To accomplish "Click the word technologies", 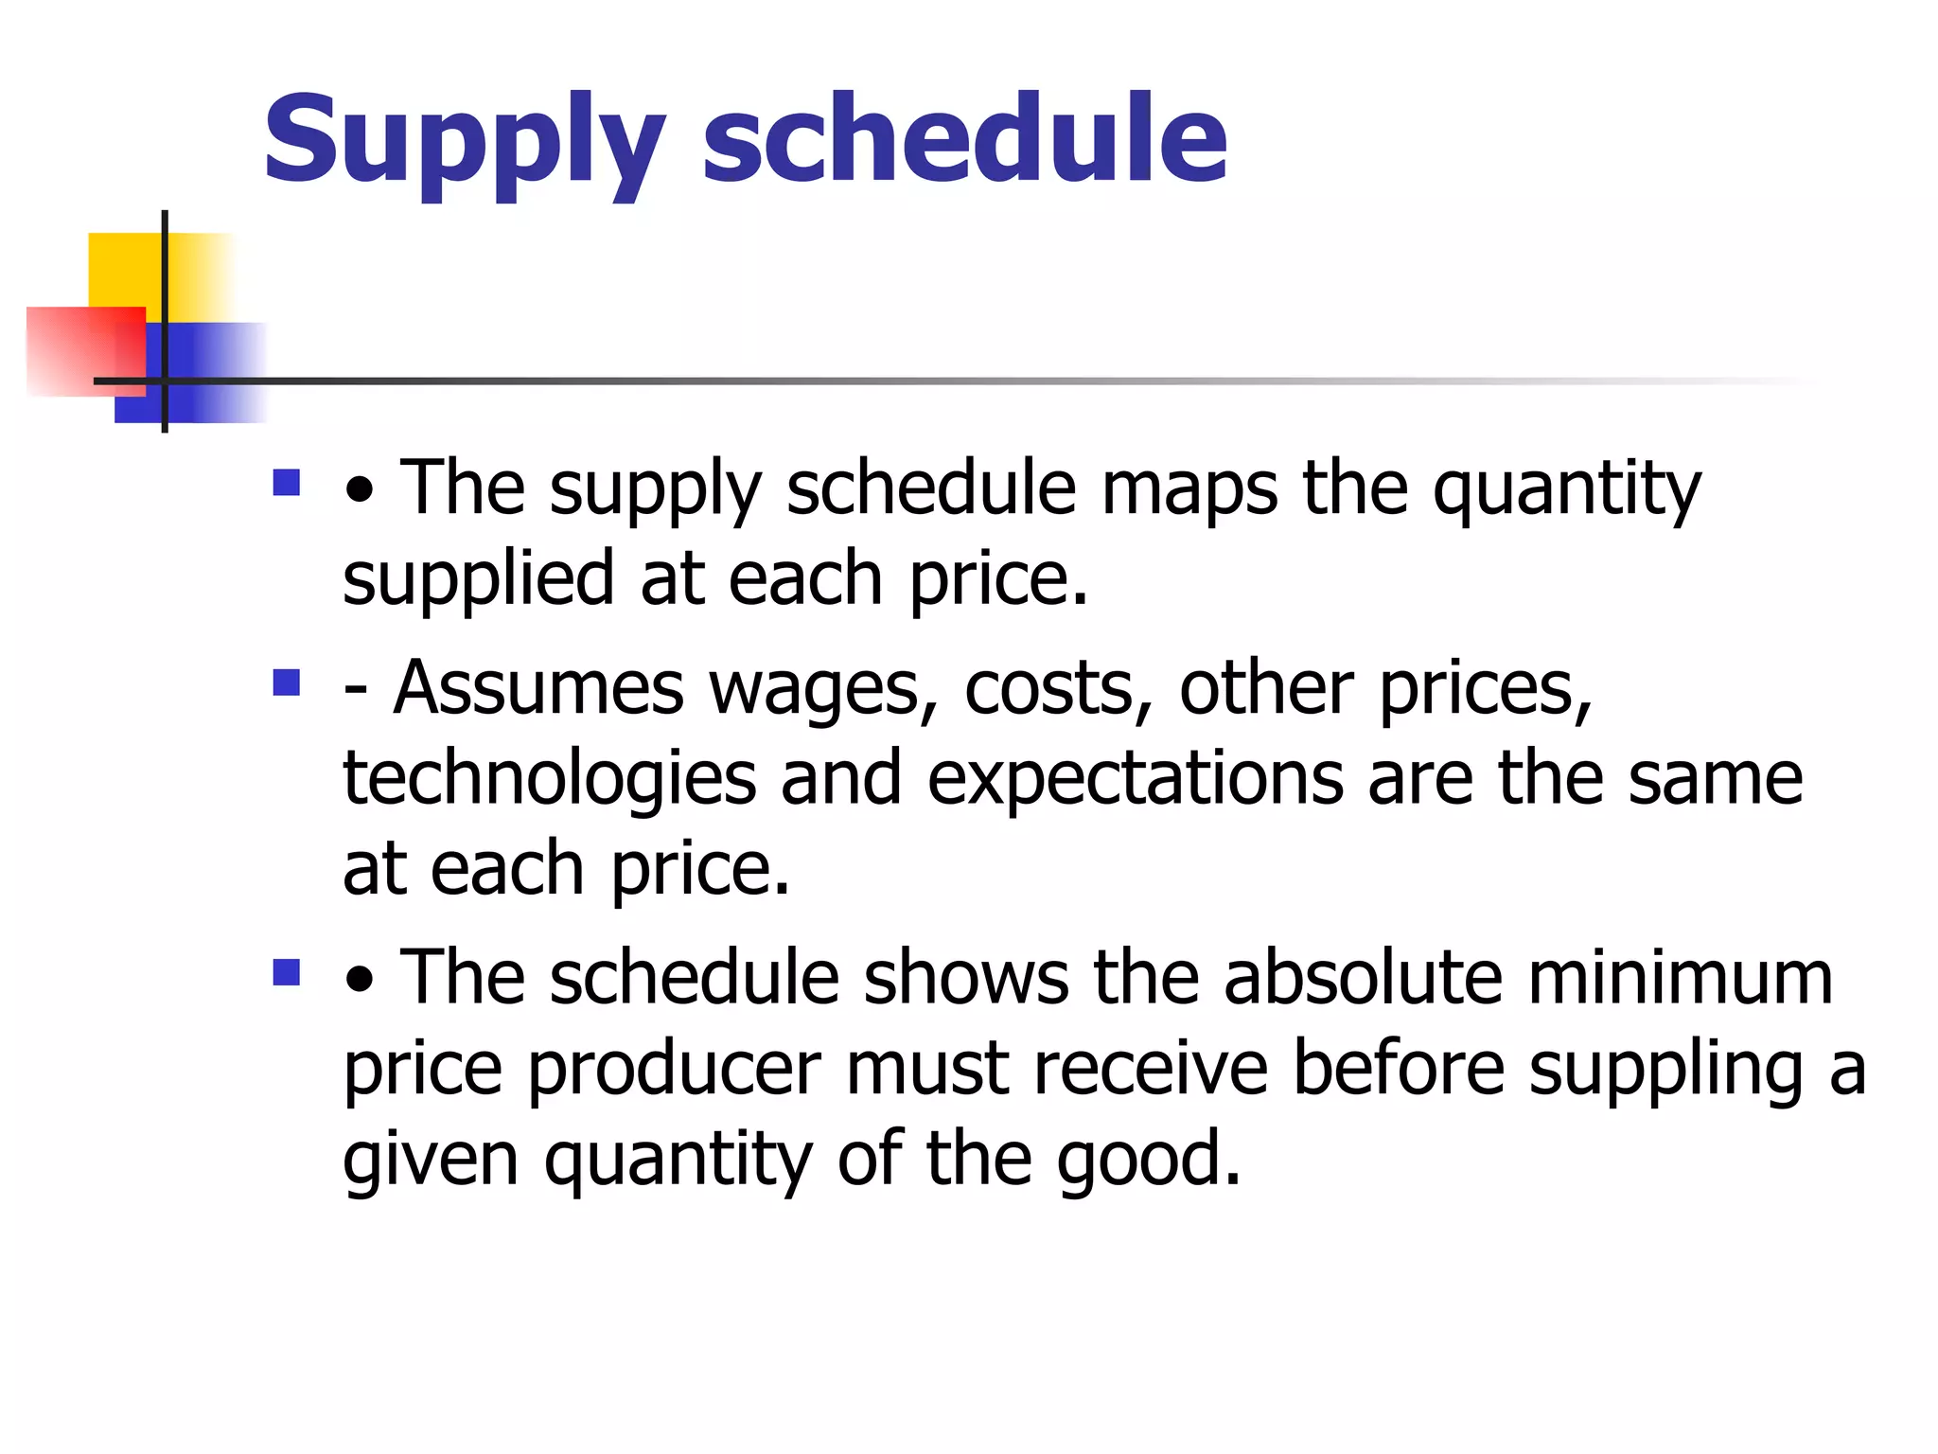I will pyautogui.click(x=549, y=778).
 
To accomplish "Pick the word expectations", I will pyautogui.click(x=1135, y=780).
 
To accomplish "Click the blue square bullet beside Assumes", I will pyautogui.click(x=286, y=683).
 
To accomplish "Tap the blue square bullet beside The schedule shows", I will pyautogui.click(x=286, y=972).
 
